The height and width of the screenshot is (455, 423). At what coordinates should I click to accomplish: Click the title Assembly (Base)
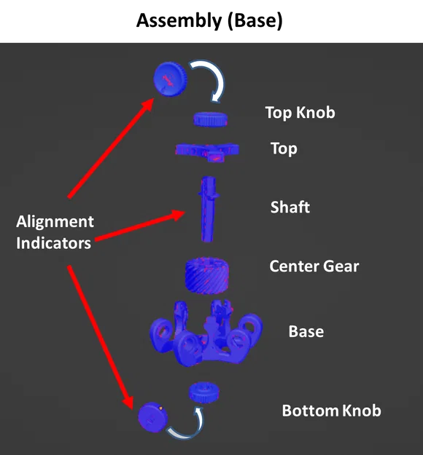[209, 20]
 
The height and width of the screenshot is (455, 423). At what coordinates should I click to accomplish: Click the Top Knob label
[300, 113]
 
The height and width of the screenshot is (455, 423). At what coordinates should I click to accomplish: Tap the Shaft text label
[290, 207]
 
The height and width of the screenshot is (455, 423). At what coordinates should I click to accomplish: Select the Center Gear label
[314, 266]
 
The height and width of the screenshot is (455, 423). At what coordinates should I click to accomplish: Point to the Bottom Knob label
[331, 411]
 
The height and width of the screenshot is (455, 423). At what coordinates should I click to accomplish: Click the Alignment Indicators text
[55, 232]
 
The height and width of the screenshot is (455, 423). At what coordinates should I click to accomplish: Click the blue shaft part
[208, 209]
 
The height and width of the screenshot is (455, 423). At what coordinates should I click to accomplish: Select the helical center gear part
[206, 275]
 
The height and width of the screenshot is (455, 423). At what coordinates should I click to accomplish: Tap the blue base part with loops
[206, 333]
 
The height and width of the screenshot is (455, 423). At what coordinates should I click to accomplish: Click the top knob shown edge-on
[211, 119]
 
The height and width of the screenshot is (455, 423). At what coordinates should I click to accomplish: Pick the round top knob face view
[171, 79]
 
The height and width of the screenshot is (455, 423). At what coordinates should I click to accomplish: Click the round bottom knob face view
[152, 416]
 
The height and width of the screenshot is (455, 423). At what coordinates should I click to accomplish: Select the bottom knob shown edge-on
[204, 392]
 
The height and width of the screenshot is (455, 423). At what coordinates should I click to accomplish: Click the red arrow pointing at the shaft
[140, 226]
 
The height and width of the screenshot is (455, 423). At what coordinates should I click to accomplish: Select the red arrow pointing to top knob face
[111, 148]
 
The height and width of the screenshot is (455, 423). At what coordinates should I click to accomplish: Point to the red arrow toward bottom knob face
[101, 338]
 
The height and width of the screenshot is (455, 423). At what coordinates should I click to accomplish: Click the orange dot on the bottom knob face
[160, 408]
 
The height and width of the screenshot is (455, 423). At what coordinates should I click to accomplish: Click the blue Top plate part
[207, 151]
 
